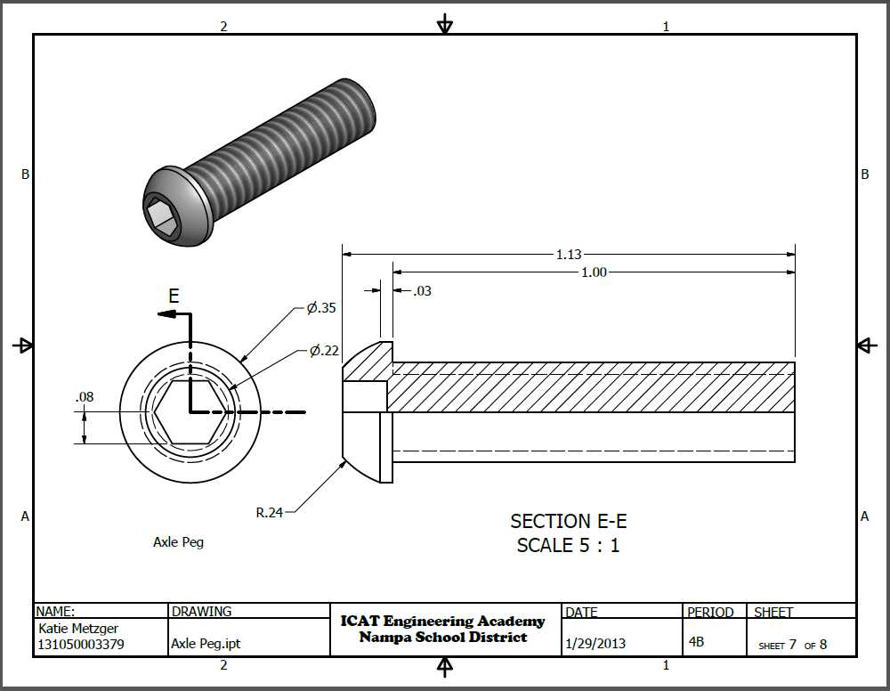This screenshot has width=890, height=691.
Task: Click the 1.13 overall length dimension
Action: (569, 255)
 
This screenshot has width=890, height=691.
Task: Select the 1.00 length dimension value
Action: (594, 272)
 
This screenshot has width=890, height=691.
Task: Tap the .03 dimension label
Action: (422, 291)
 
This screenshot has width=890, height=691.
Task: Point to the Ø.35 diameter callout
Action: (321, 308)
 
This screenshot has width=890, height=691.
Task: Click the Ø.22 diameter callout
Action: (324, 351)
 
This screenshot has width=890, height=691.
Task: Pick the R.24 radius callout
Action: (269, 513)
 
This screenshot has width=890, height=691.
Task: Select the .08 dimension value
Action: (85, 397)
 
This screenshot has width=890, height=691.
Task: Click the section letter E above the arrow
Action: (174, 296)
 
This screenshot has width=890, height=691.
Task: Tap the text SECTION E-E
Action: (568, 521)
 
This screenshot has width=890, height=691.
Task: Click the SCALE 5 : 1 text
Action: (568, 545)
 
